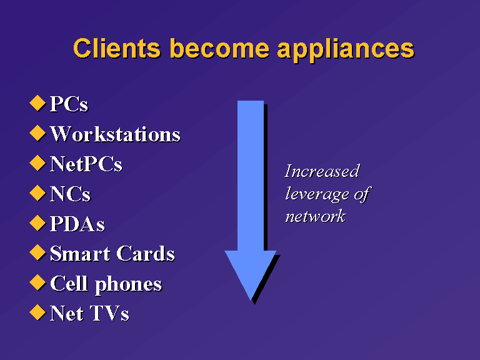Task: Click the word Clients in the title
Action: click(117, 48)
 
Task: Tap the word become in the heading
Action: click(219, 48)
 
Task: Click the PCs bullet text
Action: click(69, 104)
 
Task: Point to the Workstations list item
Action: click(115, 134)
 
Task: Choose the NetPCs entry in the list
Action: click(86, 164)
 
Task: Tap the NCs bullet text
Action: click(71, 194)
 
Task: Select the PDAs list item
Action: click(77, 224)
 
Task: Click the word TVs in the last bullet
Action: click(109, 314)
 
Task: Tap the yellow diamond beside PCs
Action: click(37, 103)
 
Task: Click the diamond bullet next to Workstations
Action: click(37, 133)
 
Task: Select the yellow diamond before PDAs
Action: click(37, 223)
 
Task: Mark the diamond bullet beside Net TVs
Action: click(37, 312)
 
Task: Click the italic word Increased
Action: click(322, 171)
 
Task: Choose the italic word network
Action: click(316, 217)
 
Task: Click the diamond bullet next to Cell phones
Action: click(37, 282)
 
